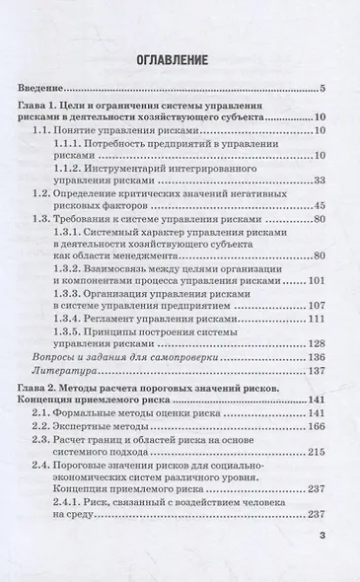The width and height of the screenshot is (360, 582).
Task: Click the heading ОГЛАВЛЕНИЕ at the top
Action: [x=180, y=58]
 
